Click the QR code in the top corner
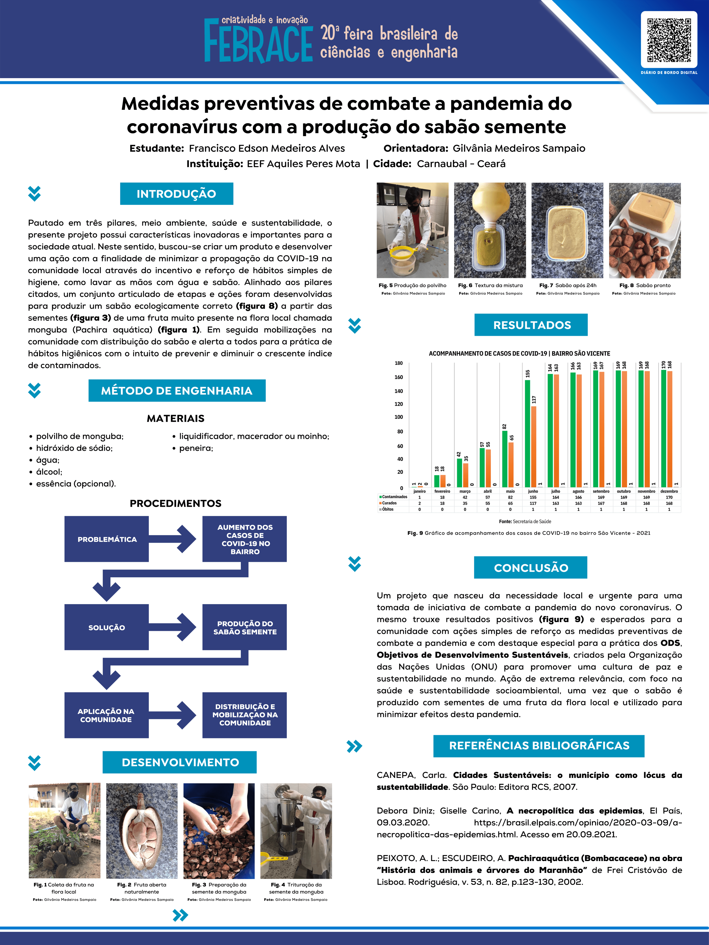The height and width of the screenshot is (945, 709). [x=669, y=40]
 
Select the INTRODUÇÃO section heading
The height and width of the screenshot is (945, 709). [x=177, y=194]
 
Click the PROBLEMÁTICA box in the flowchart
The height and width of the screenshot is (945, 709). [x=107, y=539]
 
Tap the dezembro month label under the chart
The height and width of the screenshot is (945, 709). [x=669, y=491]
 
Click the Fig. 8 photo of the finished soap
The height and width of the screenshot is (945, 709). [x=644, y=231]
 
